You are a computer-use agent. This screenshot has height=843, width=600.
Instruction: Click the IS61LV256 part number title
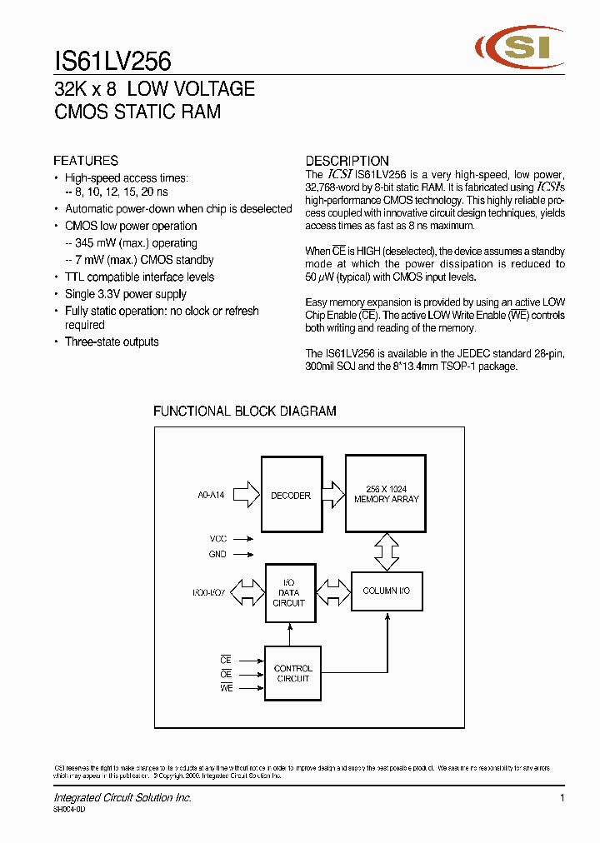point(112,61)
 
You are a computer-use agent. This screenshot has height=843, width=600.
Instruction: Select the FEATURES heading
point(86,161)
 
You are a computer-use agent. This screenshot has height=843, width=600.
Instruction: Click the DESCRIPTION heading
point(347,161)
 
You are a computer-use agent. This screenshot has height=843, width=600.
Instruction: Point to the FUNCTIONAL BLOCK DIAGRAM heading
point(245,411)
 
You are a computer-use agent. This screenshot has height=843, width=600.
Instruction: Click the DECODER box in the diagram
point(290,495)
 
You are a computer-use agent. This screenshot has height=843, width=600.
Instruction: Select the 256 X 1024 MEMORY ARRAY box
point(386,494)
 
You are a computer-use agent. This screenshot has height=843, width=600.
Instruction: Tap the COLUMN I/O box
point(386,591)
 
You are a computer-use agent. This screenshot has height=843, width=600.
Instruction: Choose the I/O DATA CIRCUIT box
point(289,592)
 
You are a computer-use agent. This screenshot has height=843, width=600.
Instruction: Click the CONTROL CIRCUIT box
point(292,673)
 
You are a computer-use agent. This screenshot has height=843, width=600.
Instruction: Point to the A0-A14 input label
point(211,495)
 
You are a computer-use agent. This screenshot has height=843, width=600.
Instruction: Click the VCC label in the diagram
point(217,539)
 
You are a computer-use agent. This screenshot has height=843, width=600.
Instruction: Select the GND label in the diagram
point(217,554)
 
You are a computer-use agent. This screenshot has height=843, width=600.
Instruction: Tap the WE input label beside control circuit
point(226,688)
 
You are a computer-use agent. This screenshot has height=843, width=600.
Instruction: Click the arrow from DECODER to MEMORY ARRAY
point(332,495)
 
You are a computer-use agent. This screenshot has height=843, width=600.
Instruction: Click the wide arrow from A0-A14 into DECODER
point(247,495)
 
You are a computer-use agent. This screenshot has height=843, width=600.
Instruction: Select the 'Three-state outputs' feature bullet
point(112,342)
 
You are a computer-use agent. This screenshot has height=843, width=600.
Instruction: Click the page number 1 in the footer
point(562,798)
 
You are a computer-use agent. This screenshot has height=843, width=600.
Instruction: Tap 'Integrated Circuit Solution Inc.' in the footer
point(122,798)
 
